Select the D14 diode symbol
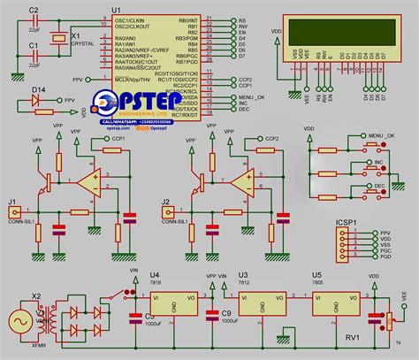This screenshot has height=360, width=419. (36, 102)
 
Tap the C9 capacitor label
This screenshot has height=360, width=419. (226, 313)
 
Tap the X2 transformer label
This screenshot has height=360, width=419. (36, 297)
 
